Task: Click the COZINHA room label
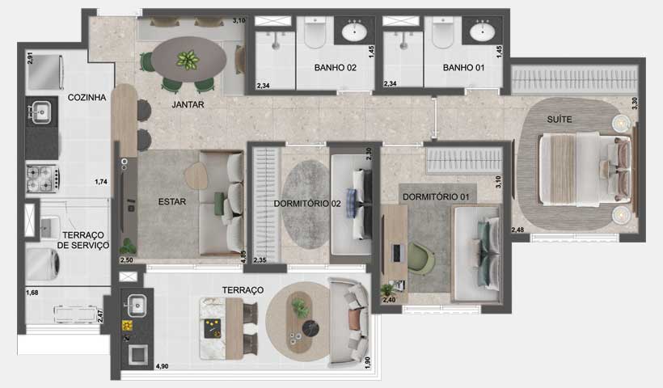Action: [x=87, y=98]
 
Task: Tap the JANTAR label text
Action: [x=188, y=105]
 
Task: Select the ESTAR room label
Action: [x=173, y=203]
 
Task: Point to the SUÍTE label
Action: [x=560, y=120]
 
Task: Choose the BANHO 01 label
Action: [x=463, y=69]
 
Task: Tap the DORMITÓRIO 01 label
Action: [x=437, y=196]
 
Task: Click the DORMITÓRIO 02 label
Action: [x=306, y=204]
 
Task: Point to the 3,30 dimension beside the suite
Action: [x=634, y=104]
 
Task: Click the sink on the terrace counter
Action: [x=136, y=305]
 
